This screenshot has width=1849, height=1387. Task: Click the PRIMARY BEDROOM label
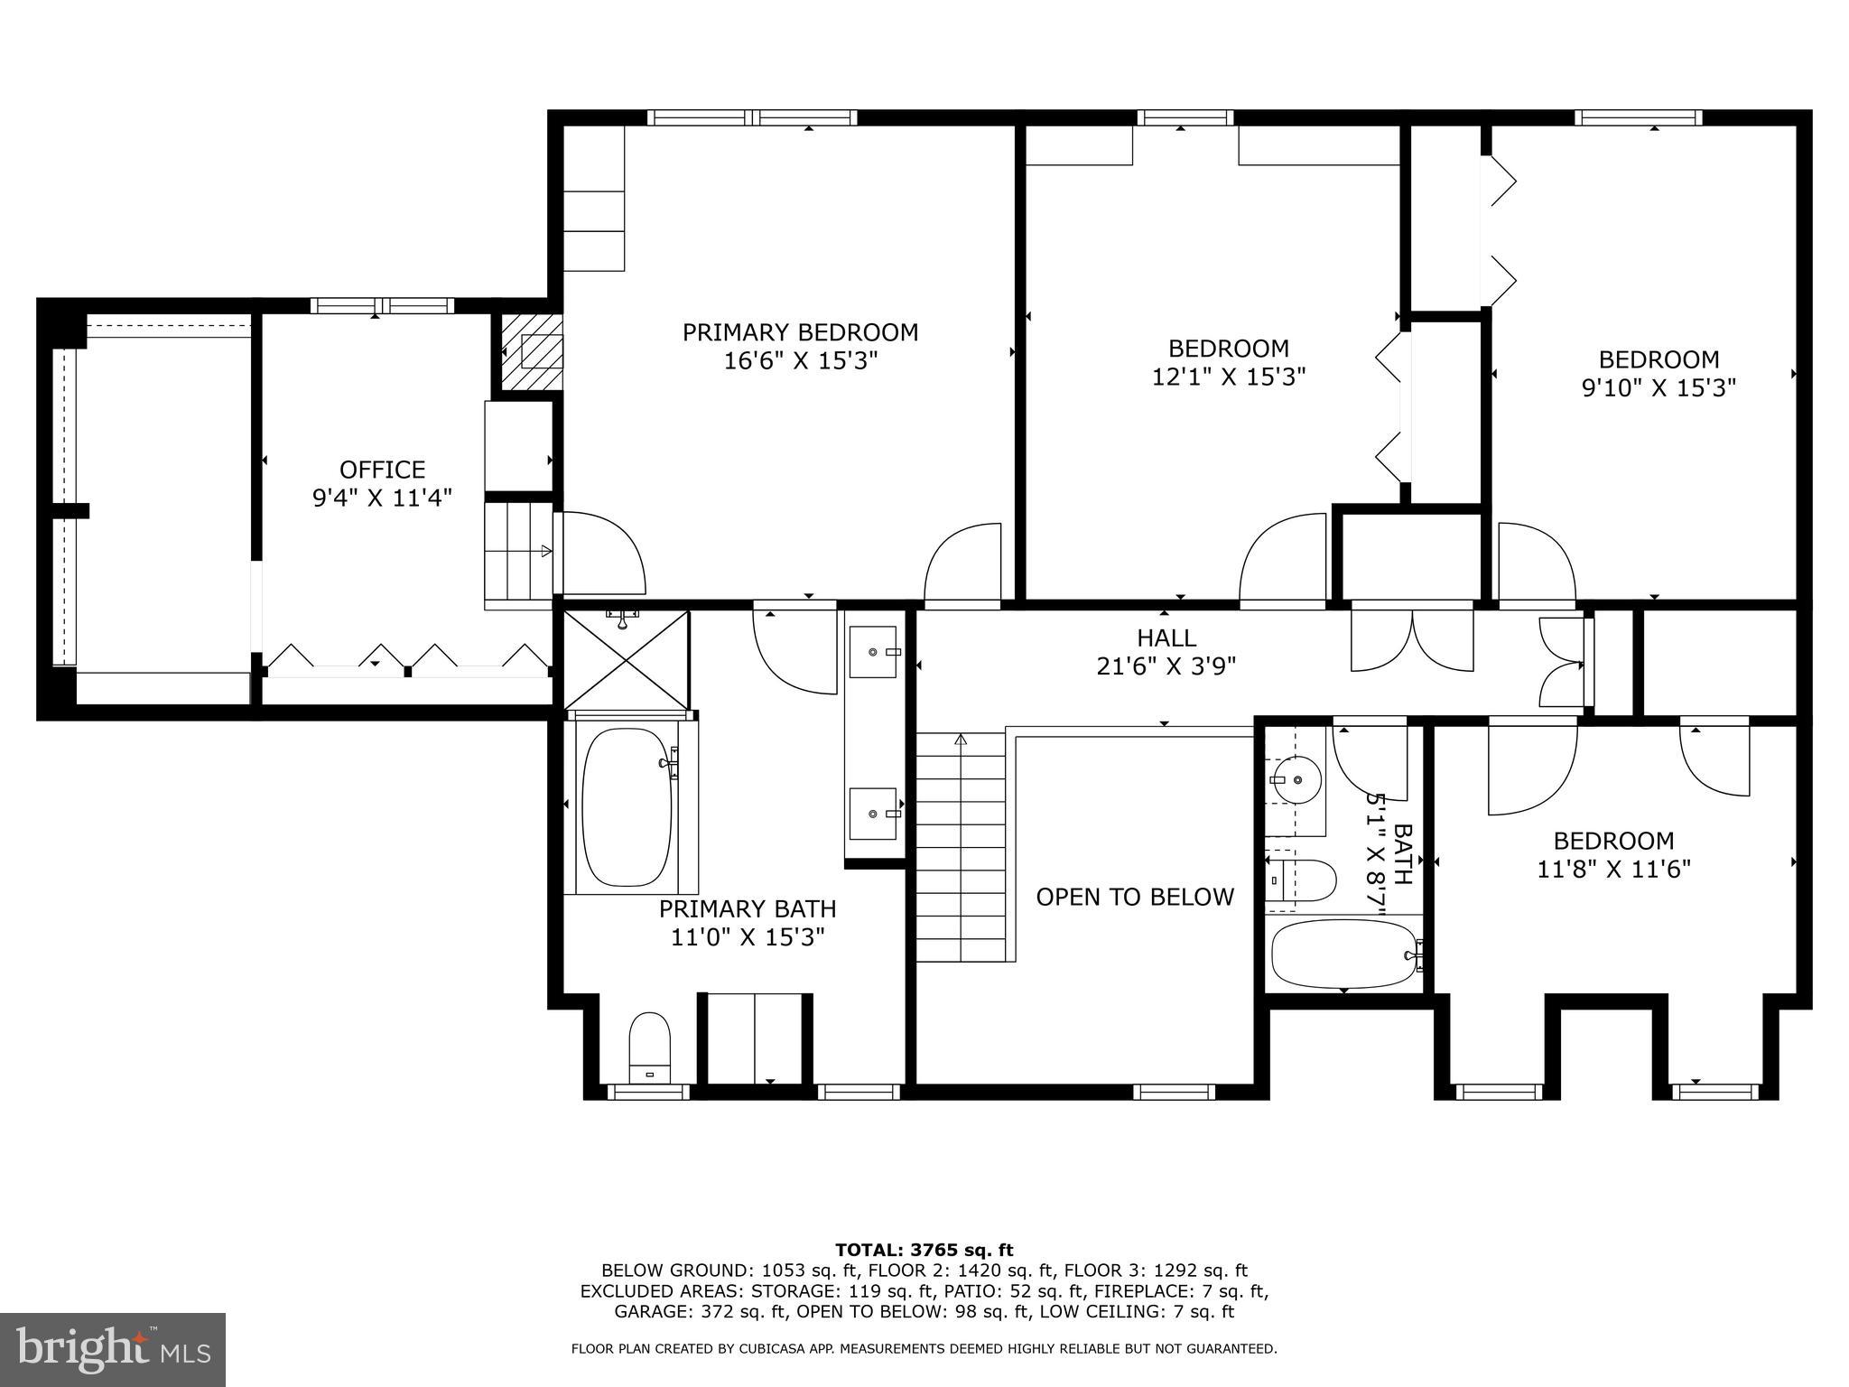[x=800, y=332]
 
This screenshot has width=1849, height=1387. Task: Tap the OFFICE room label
[x=382, y=470]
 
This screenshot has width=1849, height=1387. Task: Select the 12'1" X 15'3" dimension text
[x=1228, y=377]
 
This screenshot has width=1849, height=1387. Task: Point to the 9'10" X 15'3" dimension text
[x=1659, y=387]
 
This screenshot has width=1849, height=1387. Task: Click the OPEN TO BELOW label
[x=1134, y=897]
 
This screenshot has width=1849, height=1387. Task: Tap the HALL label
[x=1166, y=638]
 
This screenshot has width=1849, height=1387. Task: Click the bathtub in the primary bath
[x=627, y=806]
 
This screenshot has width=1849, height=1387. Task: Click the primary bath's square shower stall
[x=626, y=660]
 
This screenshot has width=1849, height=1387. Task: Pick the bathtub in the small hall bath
[x=1343, y=954]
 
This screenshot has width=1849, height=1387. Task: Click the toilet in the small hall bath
[x=1305, y=880]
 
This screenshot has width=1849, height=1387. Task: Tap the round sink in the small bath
[x=1297, y=779]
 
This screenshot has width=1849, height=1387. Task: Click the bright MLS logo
[x=113, y=1349]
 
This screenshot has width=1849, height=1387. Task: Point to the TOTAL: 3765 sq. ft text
[x=924, y=1250]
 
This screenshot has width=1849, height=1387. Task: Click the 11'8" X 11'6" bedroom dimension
[x=1613, y=869]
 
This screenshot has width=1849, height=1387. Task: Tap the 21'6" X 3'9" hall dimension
[x=1166, y=666]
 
